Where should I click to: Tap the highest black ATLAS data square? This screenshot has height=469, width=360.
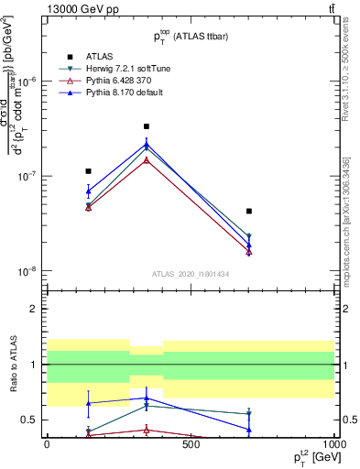tap(146, 126)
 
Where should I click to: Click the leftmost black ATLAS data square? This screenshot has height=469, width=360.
tap(88, 171)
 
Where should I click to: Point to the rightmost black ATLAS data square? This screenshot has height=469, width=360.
tap(249, 212)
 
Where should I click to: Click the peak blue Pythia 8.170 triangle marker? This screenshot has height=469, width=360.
tap(146, 143)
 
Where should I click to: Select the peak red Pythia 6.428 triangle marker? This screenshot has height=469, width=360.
tap(146, 159)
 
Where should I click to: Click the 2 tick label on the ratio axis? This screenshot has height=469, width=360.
tap(34, 310)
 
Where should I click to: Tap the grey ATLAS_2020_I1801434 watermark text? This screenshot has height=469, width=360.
tap(190, 274)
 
